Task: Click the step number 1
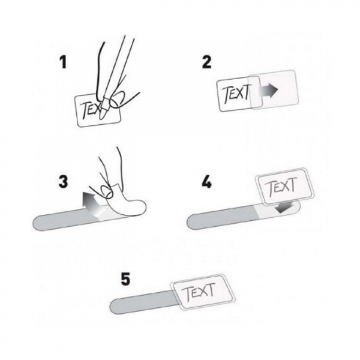pos(63,62)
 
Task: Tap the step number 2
pos(206,62)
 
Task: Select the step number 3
pos(63,181)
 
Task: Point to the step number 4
pos(206,182)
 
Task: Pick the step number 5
pos(125,279)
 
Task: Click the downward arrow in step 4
pos(284,207)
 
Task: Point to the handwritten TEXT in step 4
pos(282,186)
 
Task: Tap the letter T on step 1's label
pos(85,110)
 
